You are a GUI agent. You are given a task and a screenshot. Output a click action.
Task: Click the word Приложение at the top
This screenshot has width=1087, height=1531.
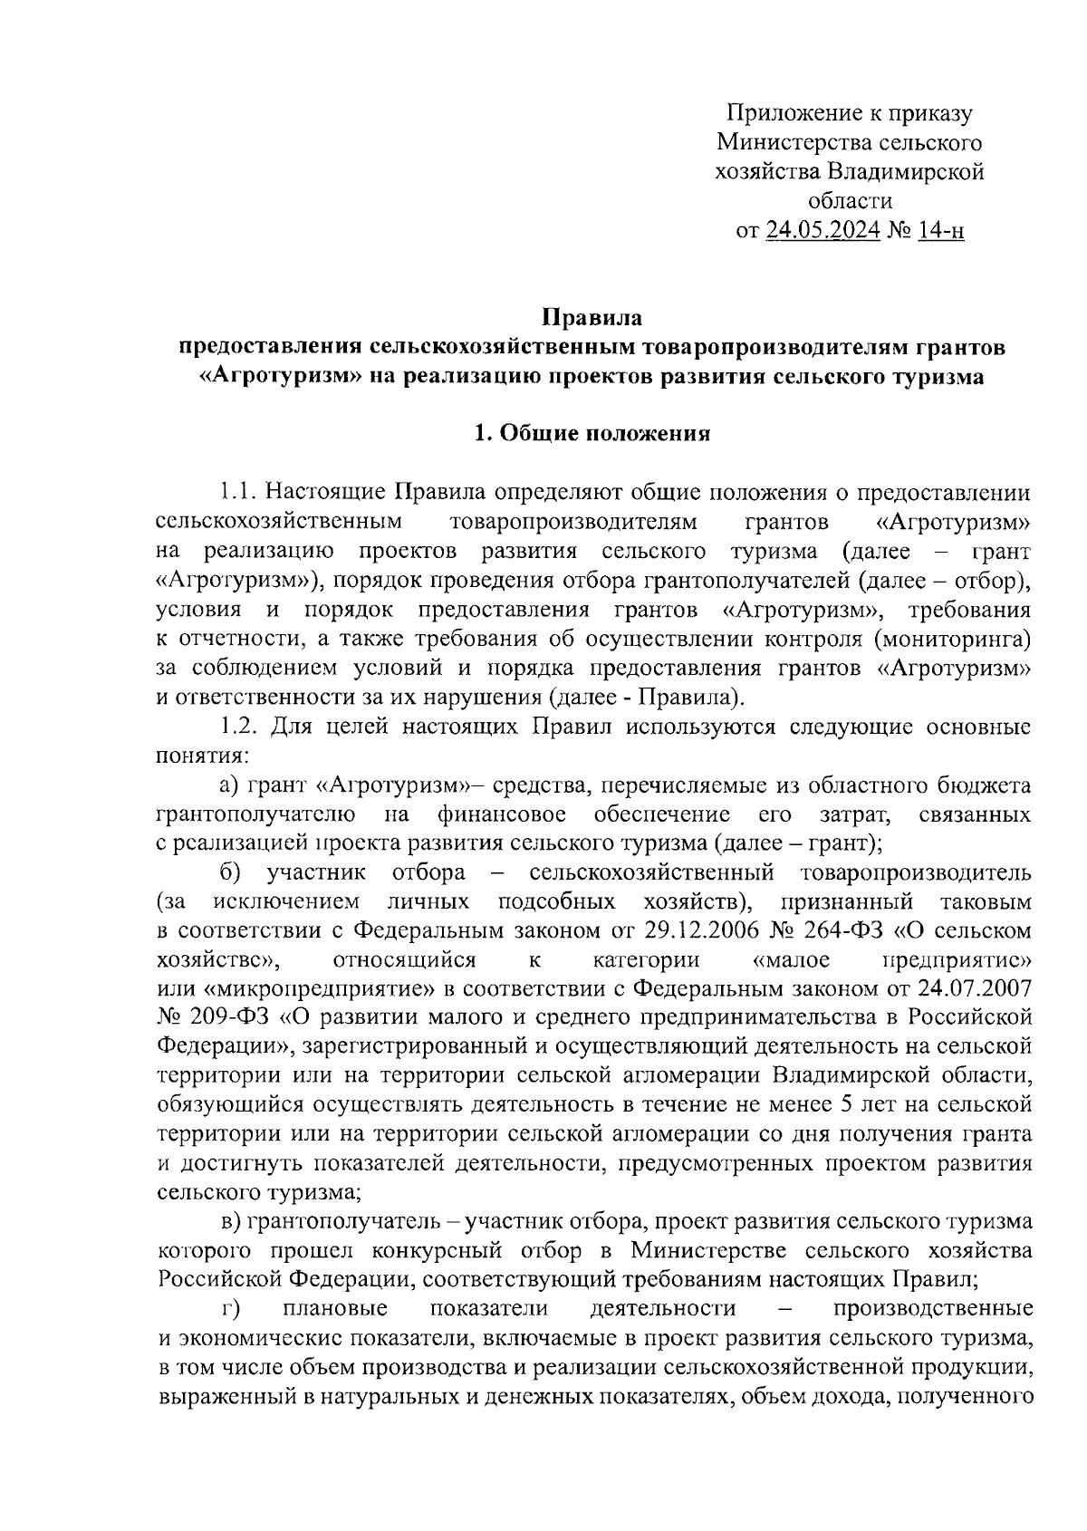(x=788, y=113)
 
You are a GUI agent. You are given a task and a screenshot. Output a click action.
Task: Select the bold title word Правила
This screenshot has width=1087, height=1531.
(x=592, y=318)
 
